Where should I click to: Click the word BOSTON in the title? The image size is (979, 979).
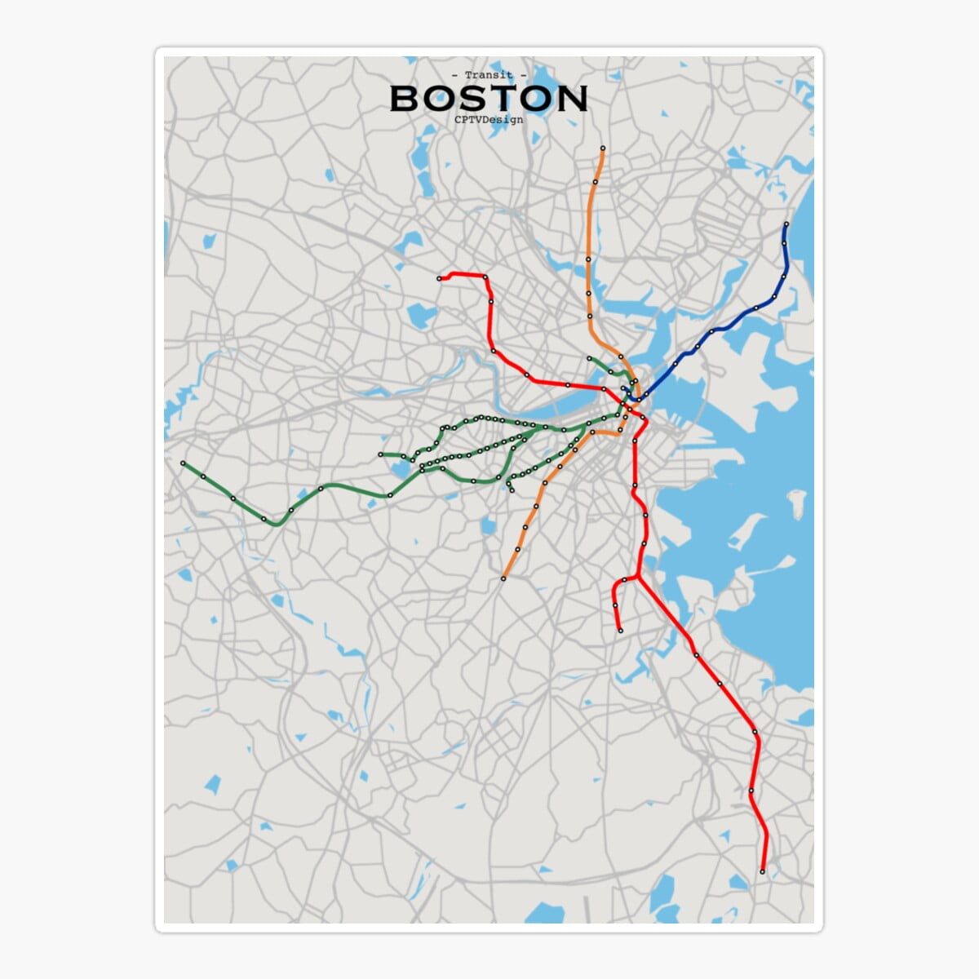(489, 98)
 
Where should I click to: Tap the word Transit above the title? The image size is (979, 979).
(489, 75)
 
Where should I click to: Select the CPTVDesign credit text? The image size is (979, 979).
(489, 119)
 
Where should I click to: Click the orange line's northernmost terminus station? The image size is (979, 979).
(602, 148)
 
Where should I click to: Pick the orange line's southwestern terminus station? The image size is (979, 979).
(503, 578)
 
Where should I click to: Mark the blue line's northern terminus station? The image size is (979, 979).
(786, 224)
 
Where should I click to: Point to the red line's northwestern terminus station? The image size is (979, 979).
(440, 279)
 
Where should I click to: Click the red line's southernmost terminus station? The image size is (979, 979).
(763, 872)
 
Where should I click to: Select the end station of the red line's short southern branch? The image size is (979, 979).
(620, 631)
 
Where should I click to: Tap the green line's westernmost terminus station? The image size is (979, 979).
(183, 463)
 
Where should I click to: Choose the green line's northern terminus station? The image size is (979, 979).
(589, 358)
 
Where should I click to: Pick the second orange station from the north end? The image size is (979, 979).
(596, 181)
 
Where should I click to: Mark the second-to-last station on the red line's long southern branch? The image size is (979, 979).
(751, 790)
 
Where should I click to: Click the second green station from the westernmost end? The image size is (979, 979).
(203, 476)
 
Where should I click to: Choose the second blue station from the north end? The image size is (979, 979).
(784, 242)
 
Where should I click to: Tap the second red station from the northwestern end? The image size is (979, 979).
(485, 277)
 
